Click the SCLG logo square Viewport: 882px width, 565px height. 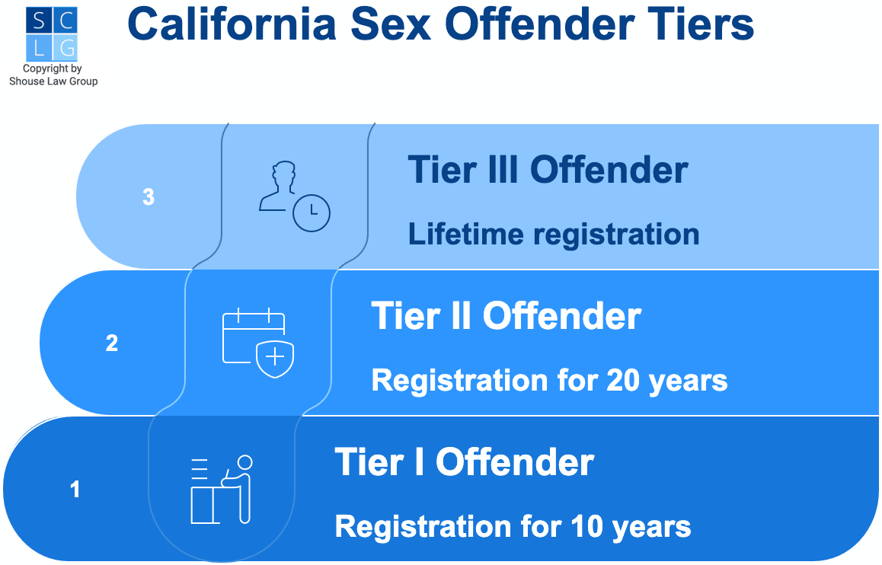point(52,34)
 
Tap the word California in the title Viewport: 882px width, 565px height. point(232,24)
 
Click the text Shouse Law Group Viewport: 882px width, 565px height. point(53,81)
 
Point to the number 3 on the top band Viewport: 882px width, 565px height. point(149,196)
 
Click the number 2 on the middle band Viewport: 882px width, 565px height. point(112,343)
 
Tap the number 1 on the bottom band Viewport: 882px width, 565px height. point(75,489)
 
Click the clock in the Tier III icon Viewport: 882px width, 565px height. point(312,213)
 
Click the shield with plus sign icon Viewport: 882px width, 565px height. point(275,359)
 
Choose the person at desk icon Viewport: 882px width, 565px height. point(222,489)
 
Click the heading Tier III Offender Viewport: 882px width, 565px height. point(548,170)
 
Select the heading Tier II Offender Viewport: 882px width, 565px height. point(507,316)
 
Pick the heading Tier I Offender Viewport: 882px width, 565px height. point(465,462)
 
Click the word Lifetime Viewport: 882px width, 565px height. point(465,233)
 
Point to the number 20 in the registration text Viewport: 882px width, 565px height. point(623,381)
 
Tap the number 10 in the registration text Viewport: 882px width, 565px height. point(586,527)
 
